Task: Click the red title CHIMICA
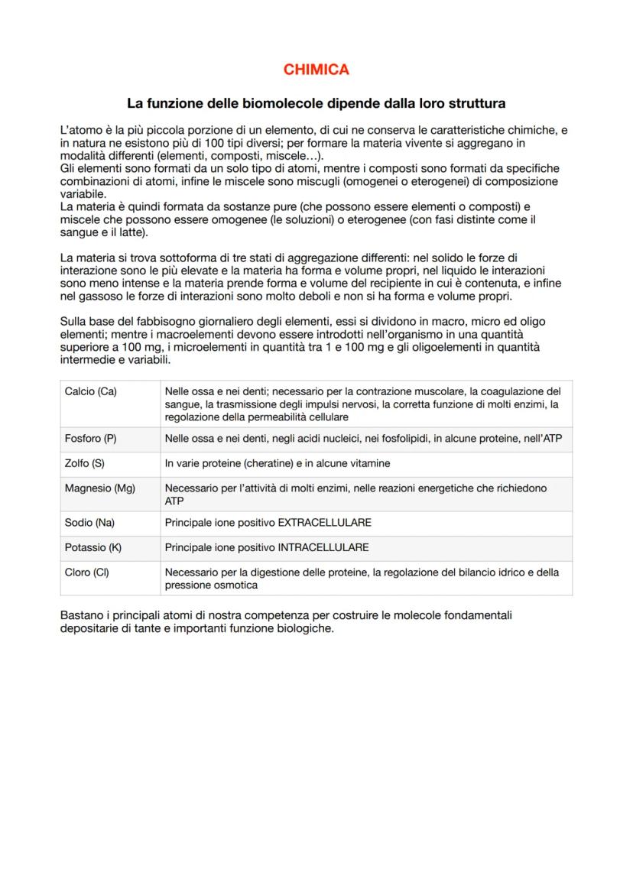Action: [316, 70]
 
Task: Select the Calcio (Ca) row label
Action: [90, 391]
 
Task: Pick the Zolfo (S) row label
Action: [84, 463]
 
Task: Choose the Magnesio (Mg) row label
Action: [99, 488]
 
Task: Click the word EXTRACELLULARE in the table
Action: [325, 523]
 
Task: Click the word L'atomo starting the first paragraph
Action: [78, 131]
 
